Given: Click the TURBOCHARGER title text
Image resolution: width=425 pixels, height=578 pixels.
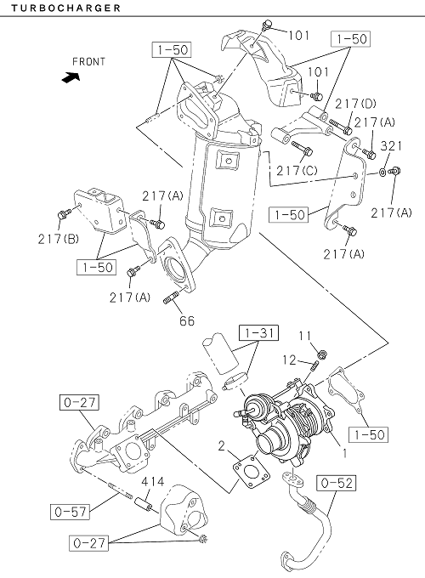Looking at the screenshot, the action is pos(65,8).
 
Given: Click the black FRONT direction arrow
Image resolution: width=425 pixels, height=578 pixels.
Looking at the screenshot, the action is pos(70,77).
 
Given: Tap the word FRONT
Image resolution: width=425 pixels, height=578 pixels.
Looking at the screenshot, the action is pos(89,61).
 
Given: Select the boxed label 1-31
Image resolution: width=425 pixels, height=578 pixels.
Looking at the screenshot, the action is pos(258,333).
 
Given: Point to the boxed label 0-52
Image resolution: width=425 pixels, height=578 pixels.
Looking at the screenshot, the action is pos(337,483).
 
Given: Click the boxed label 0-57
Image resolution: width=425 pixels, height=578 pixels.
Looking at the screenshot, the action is pos(70,512).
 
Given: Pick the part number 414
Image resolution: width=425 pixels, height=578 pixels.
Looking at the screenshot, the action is pos(153,481).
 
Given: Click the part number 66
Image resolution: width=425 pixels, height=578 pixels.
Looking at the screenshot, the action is pos(187,321).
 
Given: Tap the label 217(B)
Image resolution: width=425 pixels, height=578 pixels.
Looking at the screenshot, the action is pos(59,239).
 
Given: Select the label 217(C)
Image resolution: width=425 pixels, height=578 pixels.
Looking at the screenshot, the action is pos(297,170).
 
